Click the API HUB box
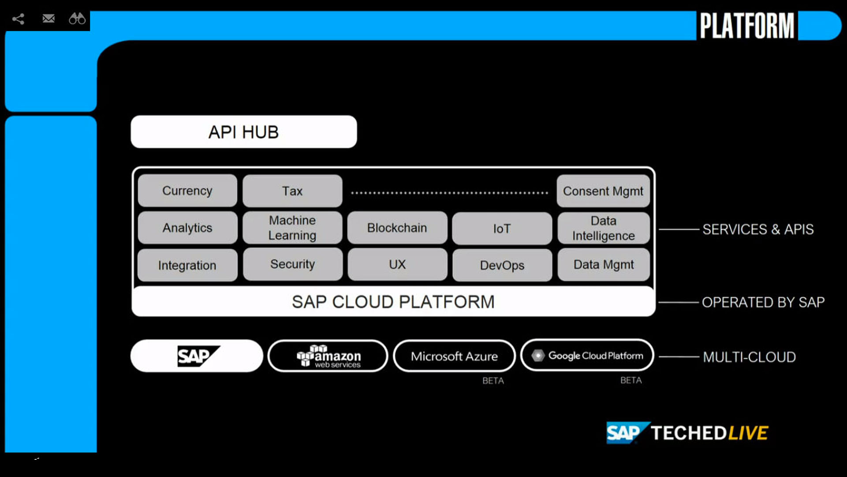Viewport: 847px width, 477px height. (x=243, y=132)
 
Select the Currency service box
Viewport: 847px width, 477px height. (x=187, y=191)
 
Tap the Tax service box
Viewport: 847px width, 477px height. (x=292, y=191)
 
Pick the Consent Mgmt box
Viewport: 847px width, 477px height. (x=603, y=191)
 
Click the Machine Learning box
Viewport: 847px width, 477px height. (x=292, y=228)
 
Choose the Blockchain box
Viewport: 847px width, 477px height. (x=397, y=228)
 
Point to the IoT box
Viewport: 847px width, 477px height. (x=502, y=229)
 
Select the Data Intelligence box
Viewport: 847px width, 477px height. (x=603, y=228)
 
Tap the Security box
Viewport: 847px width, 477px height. (x=292, y=264)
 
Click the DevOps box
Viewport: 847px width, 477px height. (x=502, y=265)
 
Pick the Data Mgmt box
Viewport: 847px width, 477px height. (x=603, y=265)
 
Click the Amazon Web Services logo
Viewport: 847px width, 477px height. (x=328, y=356)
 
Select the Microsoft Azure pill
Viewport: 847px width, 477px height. (x=454, y=356)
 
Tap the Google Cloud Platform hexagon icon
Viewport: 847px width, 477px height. (x=538, y=356)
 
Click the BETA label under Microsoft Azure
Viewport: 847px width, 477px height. (x=493, y=381)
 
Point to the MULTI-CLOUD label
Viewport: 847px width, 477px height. (x=749, y=357)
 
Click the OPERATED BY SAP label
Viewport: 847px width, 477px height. (x=763, y=302)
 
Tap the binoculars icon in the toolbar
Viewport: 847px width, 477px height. (x=77, y=19)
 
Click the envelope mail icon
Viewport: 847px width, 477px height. (x=49, y=19)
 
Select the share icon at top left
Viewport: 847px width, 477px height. (x=18, y=19)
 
